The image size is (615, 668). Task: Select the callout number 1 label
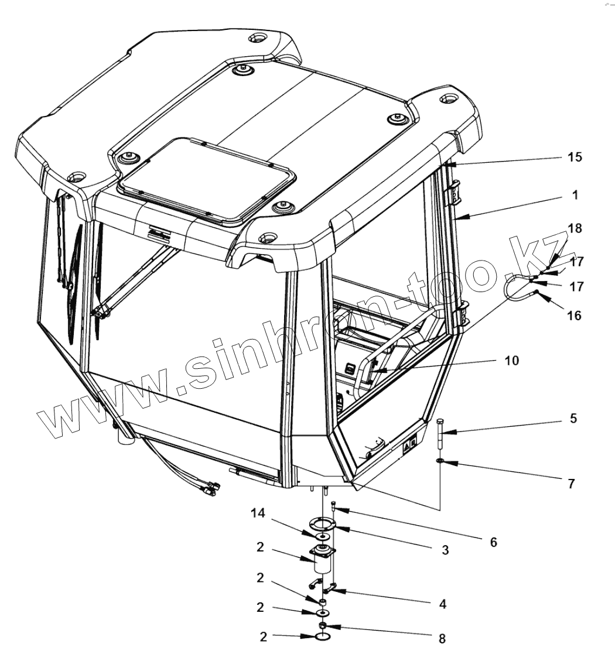575,196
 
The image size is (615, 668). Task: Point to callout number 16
574,316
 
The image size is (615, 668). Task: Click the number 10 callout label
511,361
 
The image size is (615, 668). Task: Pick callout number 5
573,419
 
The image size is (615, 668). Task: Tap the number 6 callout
493,543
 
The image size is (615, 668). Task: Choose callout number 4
442,604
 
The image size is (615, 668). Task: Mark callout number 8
442,638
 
